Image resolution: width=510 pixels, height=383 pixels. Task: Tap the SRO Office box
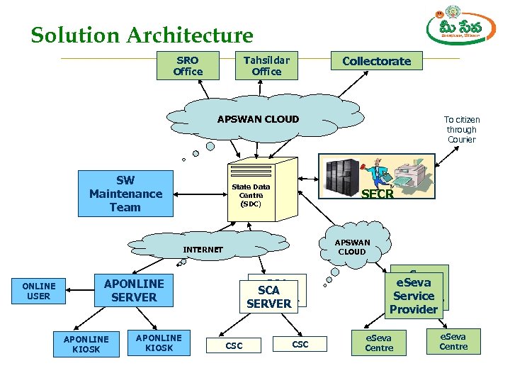coord(188,66)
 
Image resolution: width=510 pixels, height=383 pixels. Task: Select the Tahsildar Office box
coord(266,66)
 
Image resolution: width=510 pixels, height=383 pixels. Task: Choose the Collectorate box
coord(376,62)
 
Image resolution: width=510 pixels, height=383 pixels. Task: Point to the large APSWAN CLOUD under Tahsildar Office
coord(258,119)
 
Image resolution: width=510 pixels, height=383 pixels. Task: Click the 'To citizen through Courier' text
coord(461,130)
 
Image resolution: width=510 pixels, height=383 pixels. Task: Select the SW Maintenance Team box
coord(125,194)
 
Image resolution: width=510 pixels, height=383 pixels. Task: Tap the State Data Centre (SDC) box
coord(251,194)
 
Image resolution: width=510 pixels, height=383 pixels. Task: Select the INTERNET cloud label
coord(203,250)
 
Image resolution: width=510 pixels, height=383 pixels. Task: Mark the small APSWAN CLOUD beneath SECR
coord(351,247)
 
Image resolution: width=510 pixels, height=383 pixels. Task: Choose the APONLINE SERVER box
coord(134,290)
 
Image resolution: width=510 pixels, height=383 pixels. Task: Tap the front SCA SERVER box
coord(268,296)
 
